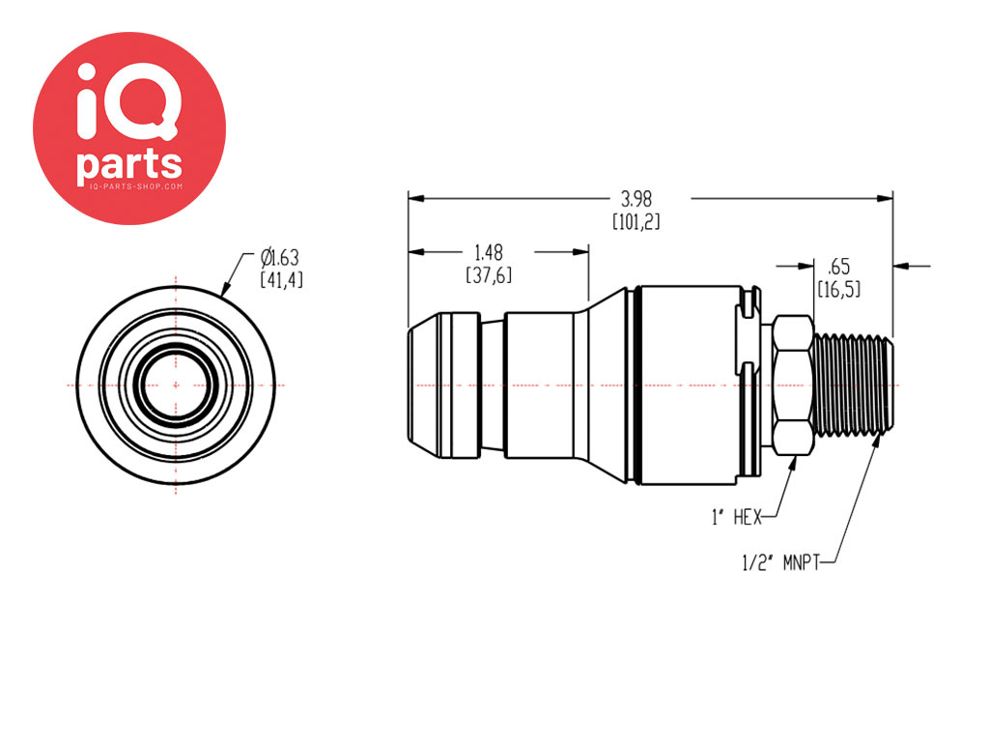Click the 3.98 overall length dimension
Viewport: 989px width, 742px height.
[636, 199]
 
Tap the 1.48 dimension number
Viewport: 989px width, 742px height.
[490, 252]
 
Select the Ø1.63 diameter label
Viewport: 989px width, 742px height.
[280, 257]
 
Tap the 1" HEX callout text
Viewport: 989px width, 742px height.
[736, 518]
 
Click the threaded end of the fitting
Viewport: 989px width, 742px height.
[853, 384]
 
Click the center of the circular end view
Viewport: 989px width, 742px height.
[176, 385]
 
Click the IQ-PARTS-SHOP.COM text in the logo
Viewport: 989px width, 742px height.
[129, 185]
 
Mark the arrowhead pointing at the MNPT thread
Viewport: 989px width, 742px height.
[876, 443]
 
